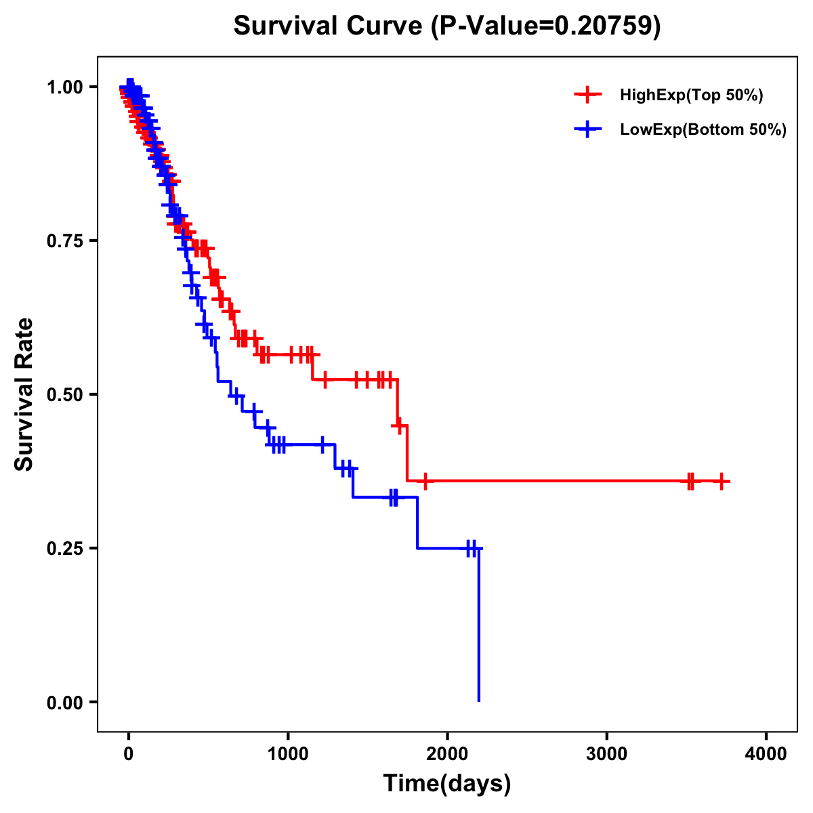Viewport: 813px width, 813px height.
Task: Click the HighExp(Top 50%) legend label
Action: [691, 96]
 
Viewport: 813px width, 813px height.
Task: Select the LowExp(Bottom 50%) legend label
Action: [703, 130]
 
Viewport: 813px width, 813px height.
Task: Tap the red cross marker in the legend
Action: [587, 95]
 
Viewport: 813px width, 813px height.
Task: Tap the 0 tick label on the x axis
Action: [129, 754]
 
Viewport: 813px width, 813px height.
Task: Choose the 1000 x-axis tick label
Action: [288, 754]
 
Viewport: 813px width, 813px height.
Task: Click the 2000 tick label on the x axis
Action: [447, 754]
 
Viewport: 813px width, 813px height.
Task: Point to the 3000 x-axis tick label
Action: [606, 754]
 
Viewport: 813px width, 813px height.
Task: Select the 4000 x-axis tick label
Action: [766, 754]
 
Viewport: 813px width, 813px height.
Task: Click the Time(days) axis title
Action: [447, 784]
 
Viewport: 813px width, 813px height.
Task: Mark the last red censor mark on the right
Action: [722, 481]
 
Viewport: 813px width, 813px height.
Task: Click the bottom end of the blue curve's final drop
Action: [479, 700]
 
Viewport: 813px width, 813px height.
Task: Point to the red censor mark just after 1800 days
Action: [425, 481]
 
